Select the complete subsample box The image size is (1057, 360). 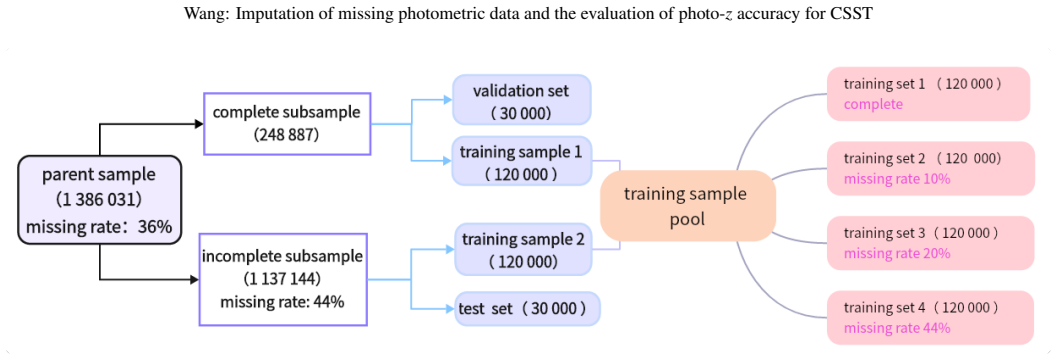tap(288, 123)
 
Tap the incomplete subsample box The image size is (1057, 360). tap(283, 279)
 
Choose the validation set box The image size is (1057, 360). tap(522, 99)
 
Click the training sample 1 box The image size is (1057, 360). tap(521, 161)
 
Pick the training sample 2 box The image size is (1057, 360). tap(522, 249)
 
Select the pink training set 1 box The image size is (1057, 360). tap(928, 94)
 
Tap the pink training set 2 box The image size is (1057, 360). tap(930, 169)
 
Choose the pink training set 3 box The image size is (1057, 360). tap(930, 243)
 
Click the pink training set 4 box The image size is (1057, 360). tap(930, 318)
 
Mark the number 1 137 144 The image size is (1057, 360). tap(282, 278)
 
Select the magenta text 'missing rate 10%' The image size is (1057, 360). tap(897, 179)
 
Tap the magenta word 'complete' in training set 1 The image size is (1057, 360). tap(873, 105)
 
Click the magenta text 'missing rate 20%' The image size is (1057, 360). tap(897, 253)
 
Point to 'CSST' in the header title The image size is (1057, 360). tap(855, 15)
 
